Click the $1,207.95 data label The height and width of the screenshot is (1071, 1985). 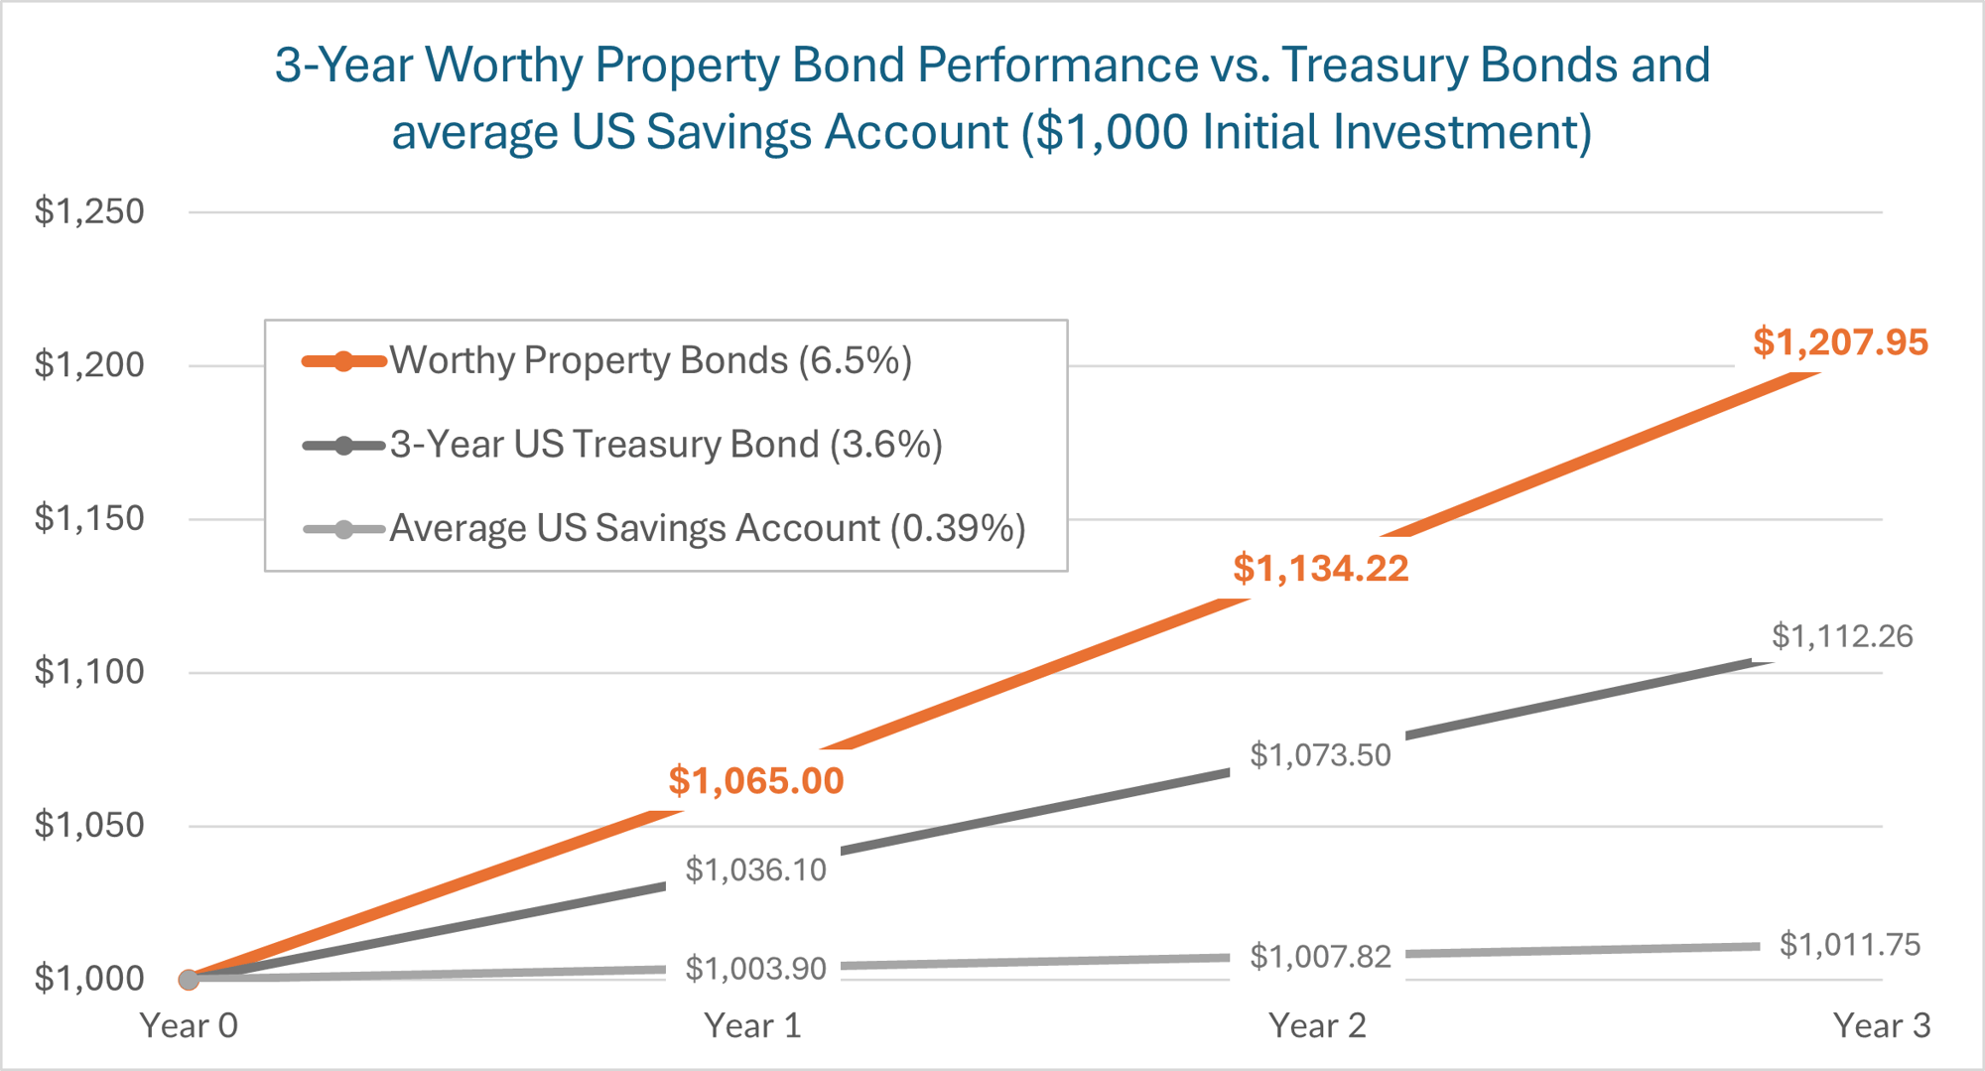point(1840,342)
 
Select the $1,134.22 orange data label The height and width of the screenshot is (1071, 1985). point(1320,569)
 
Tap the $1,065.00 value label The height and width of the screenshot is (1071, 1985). point(755,781)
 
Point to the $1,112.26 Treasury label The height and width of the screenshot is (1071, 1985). point(1842,636)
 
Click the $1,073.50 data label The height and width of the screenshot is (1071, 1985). point(1320,755)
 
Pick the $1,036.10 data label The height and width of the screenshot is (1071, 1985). point(755,870)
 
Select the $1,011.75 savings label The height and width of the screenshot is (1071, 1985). point(1849,944)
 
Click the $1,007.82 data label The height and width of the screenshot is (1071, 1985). point(1320,957)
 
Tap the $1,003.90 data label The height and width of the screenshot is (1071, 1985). point(755,968)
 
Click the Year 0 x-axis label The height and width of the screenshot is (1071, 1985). point(189,1025)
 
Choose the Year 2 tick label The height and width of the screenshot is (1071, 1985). point(1317,1025)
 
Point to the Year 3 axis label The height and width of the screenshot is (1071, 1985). point(1881,1025)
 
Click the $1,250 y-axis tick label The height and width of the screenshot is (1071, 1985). point(89,211)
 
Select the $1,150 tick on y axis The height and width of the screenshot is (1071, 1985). point(89,518)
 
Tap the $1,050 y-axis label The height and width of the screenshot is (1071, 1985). point(89,825)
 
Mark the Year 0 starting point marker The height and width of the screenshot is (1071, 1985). point(189,980)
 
